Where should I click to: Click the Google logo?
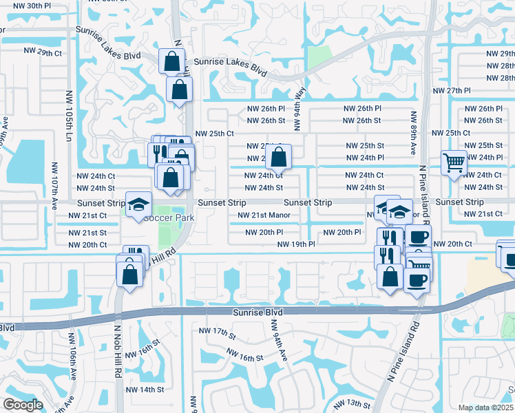tap(22, 405)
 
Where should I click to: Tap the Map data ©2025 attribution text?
tap(486, 407)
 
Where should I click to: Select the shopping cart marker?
tap(454, 164)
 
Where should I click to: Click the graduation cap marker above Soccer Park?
tap(138, 204)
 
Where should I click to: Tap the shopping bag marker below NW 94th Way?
tap(278, 158)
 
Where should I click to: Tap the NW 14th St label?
tap(145, 389)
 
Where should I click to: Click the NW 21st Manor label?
tap(263, 215)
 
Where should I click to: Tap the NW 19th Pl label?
tap(296, 244)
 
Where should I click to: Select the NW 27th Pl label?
tap(451, 91)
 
